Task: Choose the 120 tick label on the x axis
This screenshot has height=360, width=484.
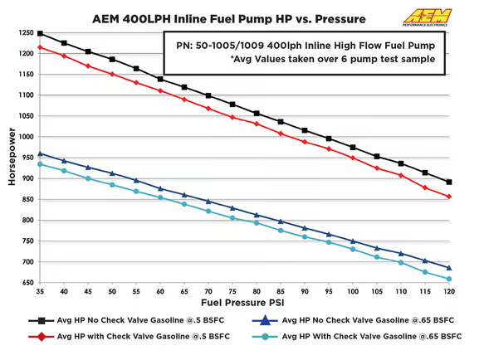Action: pos(449,293)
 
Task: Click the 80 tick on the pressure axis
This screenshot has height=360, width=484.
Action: pos(257,293)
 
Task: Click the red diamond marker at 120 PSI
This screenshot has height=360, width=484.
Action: pos(449,197)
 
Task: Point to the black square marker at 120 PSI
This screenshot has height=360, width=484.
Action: pos(449,182)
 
